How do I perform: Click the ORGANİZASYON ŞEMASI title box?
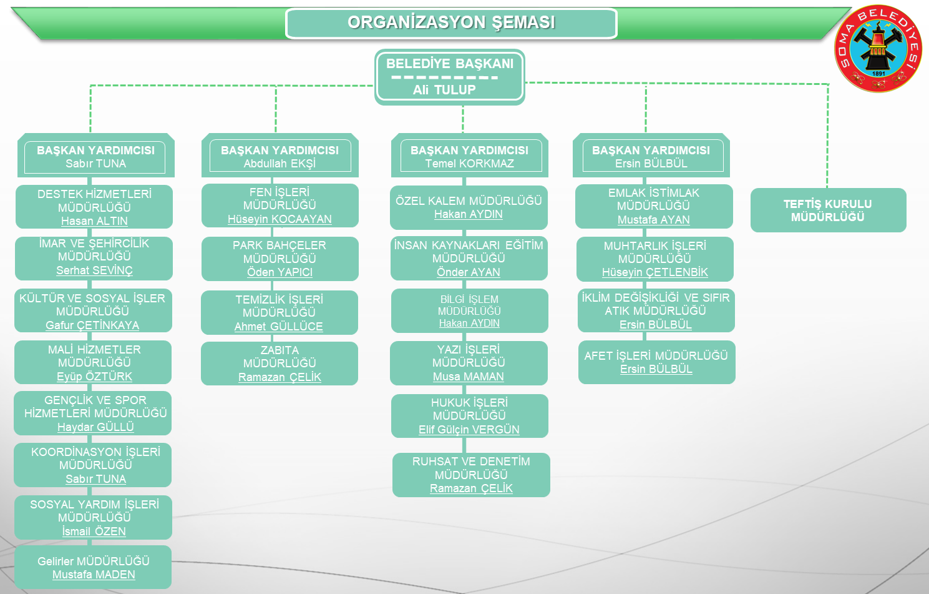click(451, 23)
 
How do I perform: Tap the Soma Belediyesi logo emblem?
click(878, 49)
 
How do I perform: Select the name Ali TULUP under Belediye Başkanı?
click(444, 90)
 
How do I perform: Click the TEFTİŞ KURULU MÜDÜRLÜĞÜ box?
click(828, 210)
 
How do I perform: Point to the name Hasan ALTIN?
click(94, 221)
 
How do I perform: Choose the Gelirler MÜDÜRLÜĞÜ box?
click(93, 567)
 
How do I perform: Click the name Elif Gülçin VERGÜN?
click(469, 430)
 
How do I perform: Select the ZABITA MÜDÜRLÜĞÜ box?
click(280, 363)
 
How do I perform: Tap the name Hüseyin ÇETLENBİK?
click(654, 272)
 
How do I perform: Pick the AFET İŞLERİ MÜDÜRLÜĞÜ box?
click(656, 362)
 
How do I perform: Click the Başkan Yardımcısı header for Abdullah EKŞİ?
click(280, 151)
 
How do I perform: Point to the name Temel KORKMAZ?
click(470, 164)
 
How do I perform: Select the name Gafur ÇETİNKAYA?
click(92, 325)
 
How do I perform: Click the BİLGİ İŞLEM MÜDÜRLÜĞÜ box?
click(469, 310)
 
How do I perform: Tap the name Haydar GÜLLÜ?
click(95, 427)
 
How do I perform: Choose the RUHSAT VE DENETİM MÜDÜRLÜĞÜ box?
click(471, 474)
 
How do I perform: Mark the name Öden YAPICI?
click(280, 272)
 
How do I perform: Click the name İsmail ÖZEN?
click(94, 532)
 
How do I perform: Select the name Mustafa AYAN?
click(653, 220)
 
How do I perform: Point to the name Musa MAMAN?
click(469, 377)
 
